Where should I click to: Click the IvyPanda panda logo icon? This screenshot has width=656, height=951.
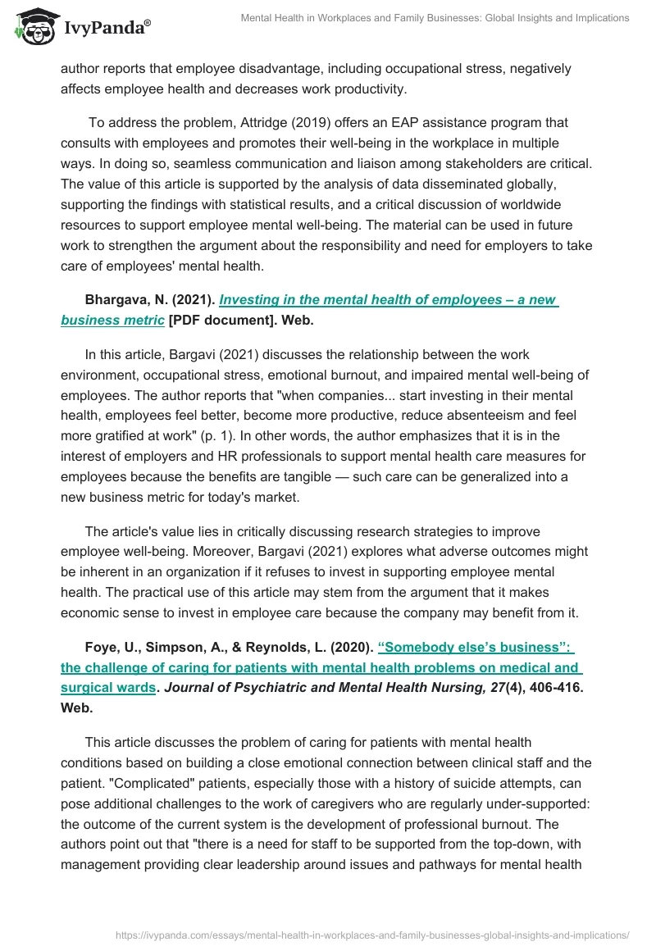click(x=33, y=25)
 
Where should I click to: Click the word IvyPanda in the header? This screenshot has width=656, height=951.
click(x=105, y=27)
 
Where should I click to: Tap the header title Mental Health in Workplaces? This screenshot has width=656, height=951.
click(x=435, y=18)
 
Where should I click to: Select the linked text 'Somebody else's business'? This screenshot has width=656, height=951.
click(x=479, y=647)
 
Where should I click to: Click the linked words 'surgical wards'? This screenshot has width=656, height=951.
click(x=108, y=688)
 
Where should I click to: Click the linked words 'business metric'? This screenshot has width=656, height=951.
click(x=112, y=321)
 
